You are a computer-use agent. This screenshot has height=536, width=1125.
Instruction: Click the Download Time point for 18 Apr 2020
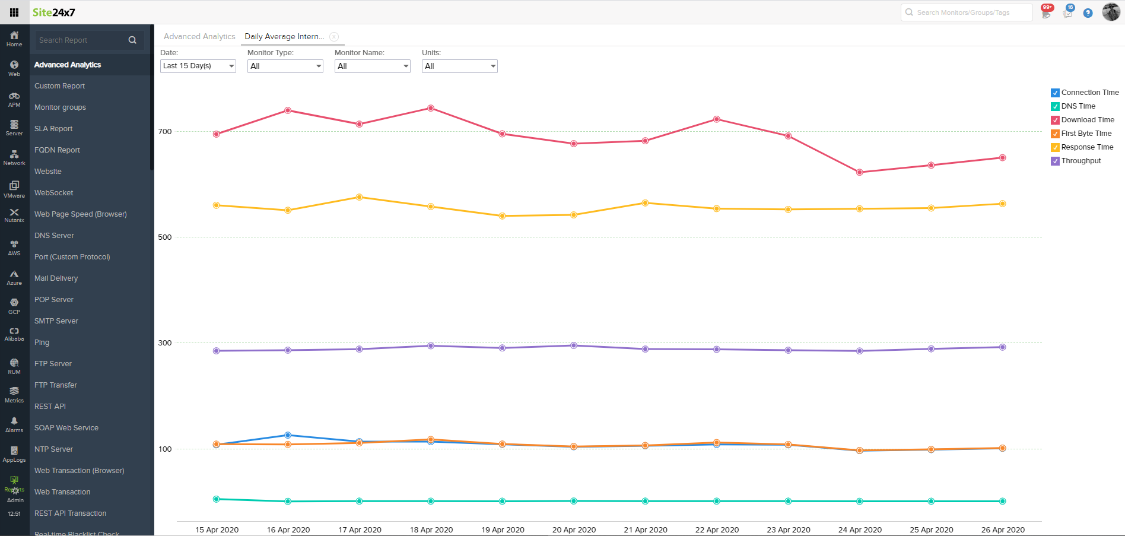(431, 108)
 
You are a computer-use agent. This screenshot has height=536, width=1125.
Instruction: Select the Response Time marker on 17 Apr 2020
(359, 197)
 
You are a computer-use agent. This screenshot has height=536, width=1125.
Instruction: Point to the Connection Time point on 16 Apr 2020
(288, 435)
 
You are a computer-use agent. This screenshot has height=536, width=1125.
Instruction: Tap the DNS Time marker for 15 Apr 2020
(216, 499)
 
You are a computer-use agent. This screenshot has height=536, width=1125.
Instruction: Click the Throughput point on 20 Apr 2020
(574, 345)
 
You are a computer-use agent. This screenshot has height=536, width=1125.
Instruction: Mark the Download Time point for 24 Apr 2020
(860, 172)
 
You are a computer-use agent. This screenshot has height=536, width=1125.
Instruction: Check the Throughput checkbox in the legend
(1055, 161)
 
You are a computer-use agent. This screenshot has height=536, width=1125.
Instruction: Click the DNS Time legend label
(1078, 106)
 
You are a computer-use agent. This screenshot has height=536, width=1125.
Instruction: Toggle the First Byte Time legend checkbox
(1055, 134)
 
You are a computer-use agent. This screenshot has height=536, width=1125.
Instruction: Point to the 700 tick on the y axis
(165, 132)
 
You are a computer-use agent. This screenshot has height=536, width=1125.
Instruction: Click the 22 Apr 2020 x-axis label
(717, 529)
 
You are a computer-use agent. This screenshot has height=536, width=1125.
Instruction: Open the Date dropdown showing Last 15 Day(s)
(198, 66)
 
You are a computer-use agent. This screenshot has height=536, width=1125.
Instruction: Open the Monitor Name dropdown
(372, 66)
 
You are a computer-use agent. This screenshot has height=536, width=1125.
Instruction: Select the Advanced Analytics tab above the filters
(199, 37)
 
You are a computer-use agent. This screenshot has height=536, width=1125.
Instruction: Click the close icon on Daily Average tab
(334, 37)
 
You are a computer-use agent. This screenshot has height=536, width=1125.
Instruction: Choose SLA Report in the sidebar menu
(53, 129)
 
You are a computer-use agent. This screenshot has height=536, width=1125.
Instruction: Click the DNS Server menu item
(54, 236)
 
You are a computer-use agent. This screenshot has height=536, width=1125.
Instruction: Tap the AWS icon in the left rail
(14, 248)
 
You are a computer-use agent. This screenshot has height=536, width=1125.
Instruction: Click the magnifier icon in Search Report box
(132, 40)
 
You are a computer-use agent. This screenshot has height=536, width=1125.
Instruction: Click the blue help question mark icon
(1088, 13)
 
